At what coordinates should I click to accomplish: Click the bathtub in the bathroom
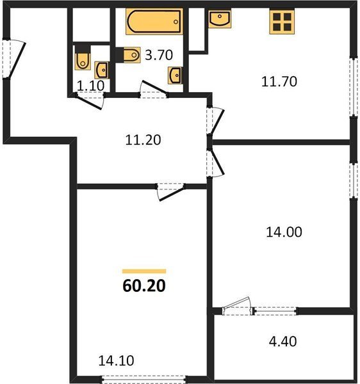pos(154,21)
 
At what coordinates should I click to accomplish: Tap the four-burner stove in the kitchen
pos(282,21)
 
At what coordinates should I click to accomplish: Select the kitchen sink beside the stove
pos(220,19)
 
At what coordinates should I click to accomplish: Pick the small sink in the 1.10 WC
pos(101,70)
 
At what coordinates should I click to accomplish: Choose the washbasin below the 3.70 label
pos(175,75)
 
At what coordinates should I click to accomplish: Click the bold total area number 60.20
pos(144,286)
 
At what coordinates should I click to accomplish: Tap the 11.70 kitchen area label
pos(279,81)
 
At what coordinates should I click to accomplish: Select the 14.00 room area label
pos(284,232)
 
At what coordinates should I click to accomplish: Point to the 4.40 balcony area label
pos(282,341)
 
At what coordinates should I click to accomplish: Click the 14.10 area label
pos(116,360)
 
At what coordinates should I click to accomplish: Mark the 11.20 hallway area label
pos(143,140)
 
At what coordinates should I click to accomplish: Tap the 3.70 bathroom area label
pos(159,55)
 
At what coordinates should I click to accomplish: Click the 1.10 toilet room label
pos(91,86)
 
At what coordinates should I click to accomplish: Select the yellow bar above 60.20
pos(144,271)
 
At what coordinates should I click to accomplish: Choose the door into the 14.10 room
pos(170,191)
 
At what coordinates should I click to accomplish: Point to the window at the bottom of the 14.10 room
pos(144,380)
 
